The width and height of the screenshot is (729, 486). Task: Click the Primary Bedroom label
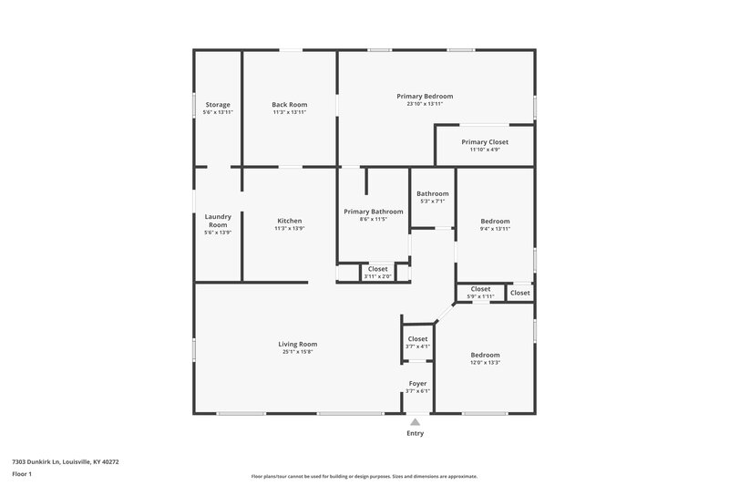coord(425,96)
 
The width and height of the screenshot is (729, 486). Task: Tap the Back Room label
coord(290,104)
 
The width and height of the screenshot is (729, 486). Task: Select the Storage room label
coord(218,104)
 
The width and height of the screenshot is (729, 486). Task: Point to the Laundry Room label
coord(218,221)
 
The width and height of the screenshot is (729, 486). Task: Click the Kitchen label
coord(290,221)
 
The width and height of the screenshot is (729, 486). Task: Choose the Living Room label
coord(298,344)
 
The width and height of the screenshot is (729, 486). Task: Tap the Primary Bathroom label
coord(374,212)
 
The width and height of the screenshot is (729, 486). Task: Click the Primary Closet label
coord(485,142)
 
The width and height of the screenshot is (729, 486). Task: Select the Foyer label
coord(417,383)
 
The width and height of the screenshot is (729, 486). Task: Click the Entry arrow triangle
coord(415,422)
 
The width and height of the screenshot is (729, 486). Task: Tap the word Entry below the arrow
coord(415,433)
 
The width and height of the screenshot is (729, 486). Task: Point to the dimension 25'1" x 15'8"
coord(298,351)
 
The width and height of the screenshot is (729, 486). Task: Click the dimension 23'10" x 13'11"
coord(425,104)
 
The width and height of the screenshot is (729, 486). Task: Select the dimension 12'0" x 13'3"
coord(485,363)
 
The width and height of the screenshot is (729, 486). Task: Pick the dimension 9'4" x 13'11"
coord(495,229)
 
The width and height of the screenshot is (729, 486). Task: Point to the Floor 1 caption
coord(23,475)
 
